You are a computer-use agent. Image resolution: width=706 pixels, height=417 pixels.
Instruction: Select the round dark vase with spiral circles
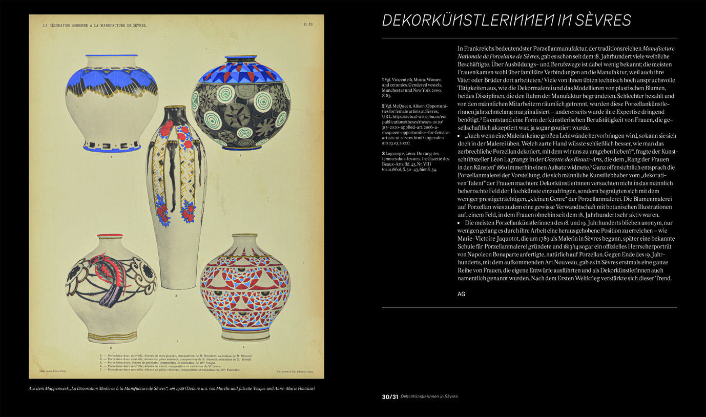click(239, 102)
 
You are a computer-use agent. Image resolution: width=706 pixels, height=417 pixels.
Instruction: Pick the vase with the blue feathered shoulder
click(111, 102)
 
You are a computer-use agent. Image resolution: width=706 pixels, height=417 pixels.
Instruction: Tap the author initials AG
click(462, 294)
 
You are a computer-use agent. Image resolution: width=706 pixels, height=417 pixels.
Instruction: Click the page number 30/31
click(389, 397)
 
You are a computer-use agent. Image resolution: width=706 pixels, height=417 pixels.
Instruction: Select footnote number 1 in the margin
click(383, 80)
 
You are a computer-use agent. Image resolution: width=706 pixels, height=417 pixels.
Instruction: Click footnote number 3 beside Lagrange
click(383, 154)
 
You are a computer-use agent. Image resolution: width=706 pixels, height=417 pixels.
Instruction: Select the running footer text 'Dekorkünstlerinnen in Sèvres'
click(429, 397)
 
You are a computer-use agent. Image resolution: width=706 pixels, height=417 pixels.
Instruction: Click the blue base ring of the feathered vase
click(112, 149)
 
